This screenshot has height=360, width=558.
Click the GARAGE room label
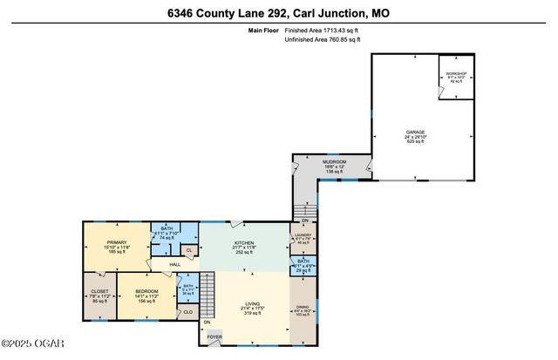pos(415,132)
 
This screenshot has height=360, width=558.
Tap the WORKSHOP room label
pos(456,74)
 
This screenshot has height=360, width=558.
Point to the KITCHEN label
pos(243,243)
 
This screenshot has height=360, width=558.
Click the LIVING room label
pos(253,304)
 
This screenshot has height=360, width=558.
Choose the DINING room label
pos(302,308)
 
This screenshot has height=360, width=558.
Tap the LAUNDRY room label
pos(301,234)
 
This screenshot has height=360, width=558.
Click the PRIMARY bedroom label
pos(116,242)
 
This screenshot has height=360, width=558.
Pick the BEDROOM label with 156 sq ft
pos(146,290)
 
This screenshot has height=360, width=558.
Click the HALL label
pos(175,263)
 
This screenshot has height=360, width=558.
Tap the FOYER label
pos(214,336)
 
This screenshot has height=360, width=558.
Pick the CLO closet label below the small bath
pos(188,311)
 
